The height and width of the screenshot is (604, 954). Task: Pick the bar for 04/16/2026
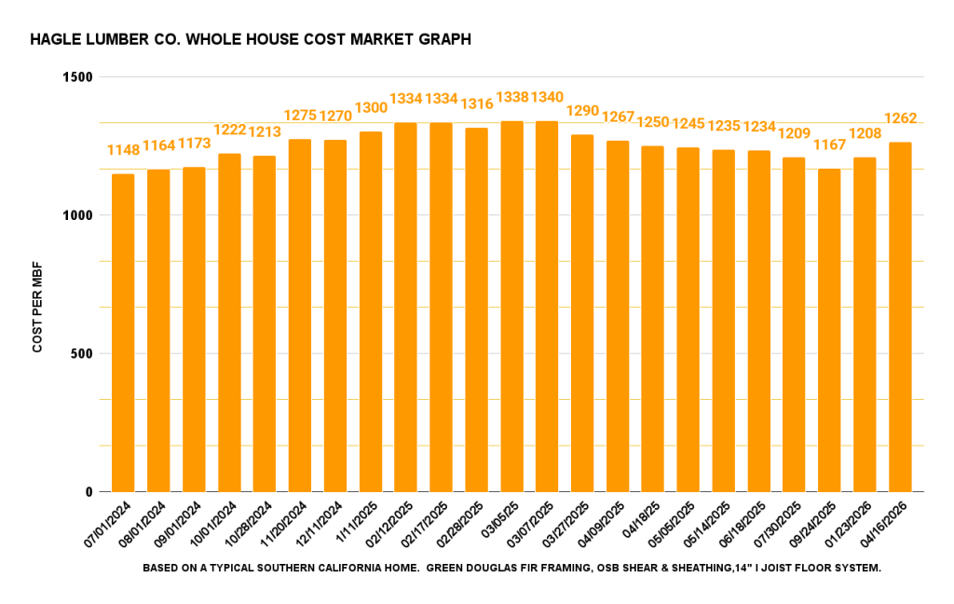(x=900, y=317)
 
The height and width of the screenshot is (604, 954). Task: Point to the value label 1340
(x=547, y=98)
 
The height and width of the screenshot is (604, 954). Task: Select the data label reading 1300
(x=371, y=108)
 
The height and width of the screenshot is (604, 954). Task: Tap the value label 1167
(x=829, y=145)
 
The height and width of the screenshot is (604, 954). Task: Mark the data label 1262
(x=900, y=118)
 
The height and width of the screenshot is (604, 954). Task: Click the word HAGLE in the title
(x=52, y=40)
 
